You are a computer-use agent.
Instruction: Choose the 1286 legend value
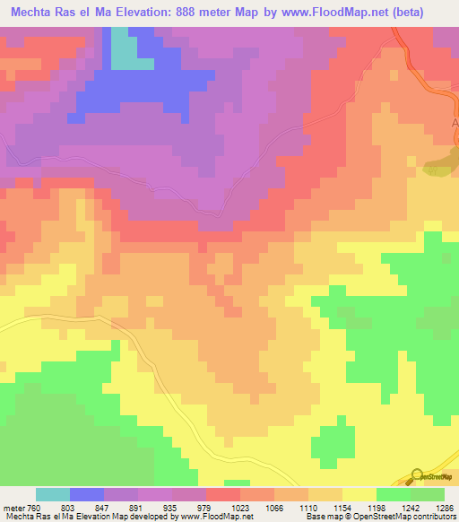[434, 509]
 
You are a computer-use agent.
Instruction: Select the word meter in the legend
[13, 509]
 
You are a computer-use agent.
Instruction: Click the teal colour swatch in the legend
[53, 494]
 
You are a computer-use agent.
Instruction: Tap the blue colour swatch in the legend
[87, 494]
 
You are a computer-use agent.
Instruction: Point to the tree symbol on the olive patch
[439, 167]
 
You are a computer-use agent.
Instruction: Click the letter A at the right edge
[454, 122]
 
